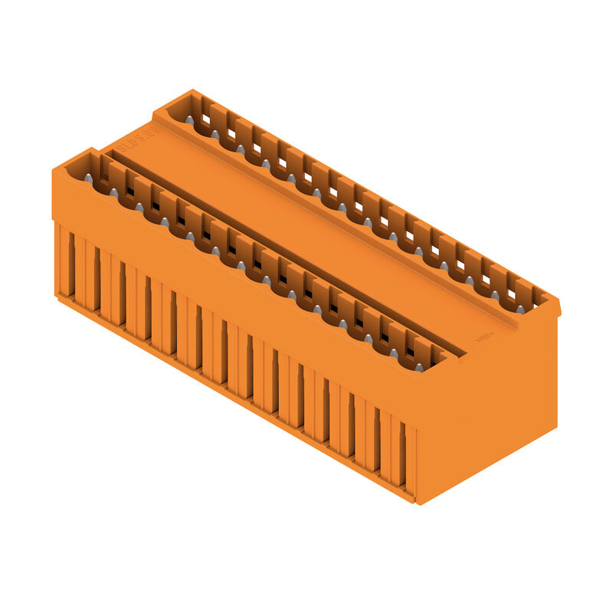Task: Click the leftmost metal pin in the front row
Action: click(88, 178)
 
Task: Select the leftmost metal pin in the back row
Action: click(189, 120)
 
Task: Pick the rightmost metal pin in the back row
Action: click(520, 309)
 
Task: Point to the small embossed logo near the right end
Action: click(484, 336)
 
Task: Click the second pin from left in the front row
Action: click(113, 192)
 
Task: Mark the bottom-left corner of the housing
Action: click(56, 295)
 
